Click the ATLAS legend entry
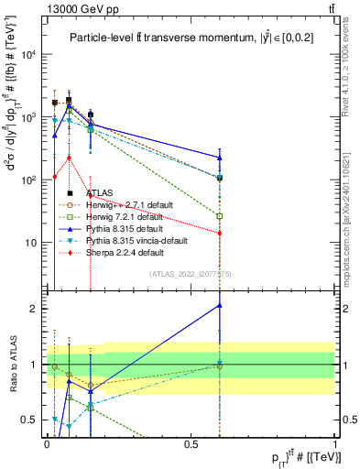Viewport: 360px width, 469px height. (x=102, y=193)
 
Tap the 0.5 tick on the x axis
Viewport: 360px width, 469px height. (x=191, y=442)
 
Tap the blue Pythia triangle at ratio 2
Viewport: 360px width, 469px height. (x=220, y=305)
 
